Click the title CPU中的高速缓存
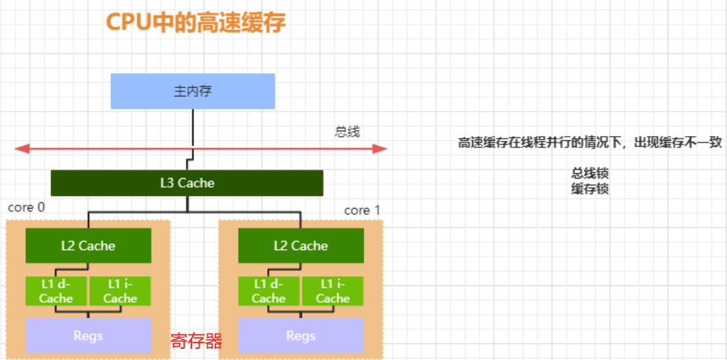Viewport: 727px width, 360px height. (x=195, y=22)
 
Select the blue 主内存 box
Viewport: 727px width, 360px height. (x=193, y=91)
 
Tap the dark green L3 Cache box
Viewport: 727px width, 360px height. (x=187, y=183)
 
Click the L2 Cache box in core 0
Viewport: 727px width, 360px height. (x=88, y=246)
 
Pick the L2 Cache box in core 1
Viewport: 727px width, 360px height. (x=301, y=246)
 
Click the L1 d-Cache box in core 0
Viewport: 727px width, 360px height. (x=56, y=291)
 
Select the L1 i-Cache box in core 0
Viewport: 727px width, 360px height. (x=120, y=291)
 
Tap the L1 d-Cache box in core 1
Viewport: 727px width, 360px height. (x=269, y=291)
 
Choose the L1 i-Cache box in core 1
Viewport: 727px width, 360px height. (x=333, y=291)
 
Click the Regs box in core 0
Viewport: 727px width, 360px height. (x=88, y=336)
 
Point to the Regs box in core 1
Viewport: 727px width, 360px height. (x=301, y=336)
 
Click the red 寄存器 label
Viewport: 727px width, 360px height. (x=196, y=341)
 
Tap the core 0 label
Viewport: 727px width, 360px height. (x=26, y=208)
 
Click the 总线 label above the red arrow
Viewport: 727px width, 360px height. (x=347, y=132)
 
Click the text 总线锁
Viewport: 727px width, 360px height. (x=590, y=174)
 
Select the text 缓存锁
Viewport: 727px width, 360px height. (x=590, y=188)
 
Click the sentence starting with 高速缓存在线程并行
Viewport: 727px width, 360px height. (x=590, y=143)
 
